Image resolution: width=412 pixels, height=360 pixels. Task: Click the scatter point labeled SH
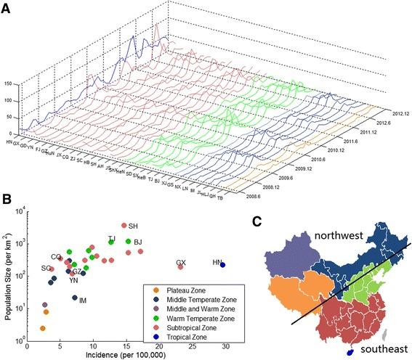click(124, 225)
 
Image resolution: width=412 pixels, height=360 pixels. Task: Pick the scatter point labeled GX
click(180, 267)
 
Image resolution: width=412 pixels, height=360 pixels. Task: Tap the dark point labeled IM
click(75, 298)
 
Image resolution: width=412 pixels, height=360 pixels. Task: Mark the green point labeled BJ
click(128, 242)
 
